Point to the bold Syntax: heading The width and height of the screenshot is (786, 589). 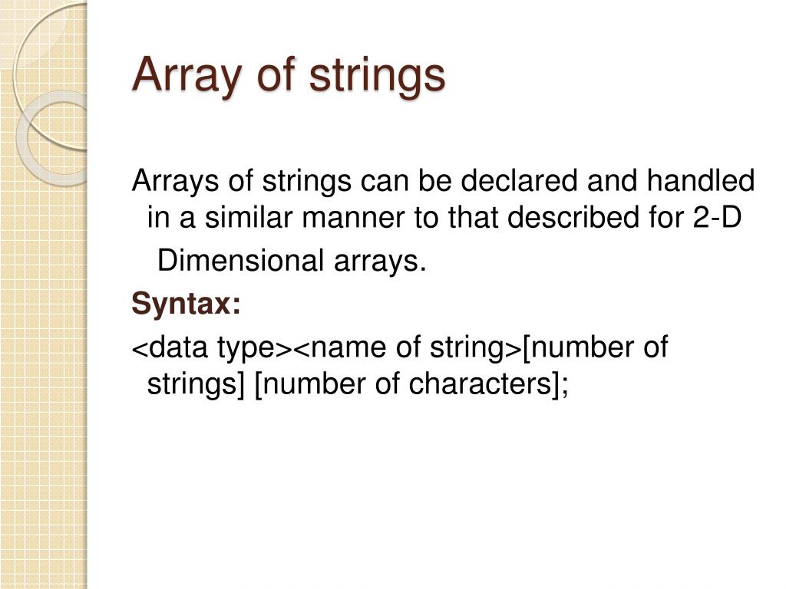click(x=187, y=304)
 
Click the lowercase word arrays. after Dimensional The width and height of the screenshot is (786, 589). click(x=378, y=262)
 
